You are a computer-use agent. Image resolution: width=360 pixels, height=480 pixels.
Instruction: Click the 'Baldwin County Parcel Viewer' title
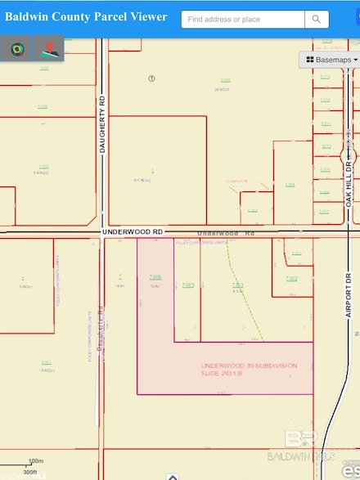(x=86, y=16)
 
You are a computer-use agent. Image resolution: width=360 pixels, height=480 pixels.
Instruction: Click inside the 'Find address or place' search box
(x=242, y=19)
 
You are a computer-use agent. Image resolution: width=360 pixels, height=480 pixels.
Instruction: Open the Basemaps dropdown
(x=331, y=60)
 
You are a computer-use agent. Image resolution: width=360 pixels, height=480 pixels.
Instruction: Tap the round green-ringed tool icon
(x=16, y=50)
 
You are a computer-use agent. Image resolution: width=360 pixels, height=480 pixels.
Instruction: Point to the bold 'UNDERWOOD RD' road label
(x=133, y=232)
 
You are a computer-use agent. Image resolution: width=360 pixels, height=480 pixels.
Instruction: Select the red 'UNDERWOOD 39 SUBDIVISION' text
(x=249, y=366)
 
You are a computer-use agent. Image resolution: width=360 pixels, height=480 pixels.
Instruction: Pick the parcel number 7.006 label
(x=155, y=277)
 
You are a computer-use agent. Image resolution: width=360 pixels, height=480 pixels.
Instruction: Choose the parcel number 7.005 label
(x=187, y=285)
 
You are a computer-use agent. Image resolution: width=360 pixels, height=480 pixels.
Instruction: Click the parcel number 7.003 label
(x=237, y=285)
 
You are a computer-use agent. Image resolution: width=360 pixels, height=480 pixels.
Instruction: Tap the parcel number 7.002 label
(x=291, y=279)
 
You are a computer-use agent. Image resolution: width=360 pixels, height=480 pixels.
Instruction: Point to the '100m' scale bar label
(x=35, y=462)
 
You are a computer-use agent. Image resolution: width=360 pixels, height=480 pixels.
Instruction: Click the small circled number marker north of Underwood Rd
(x=151, y=79)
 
